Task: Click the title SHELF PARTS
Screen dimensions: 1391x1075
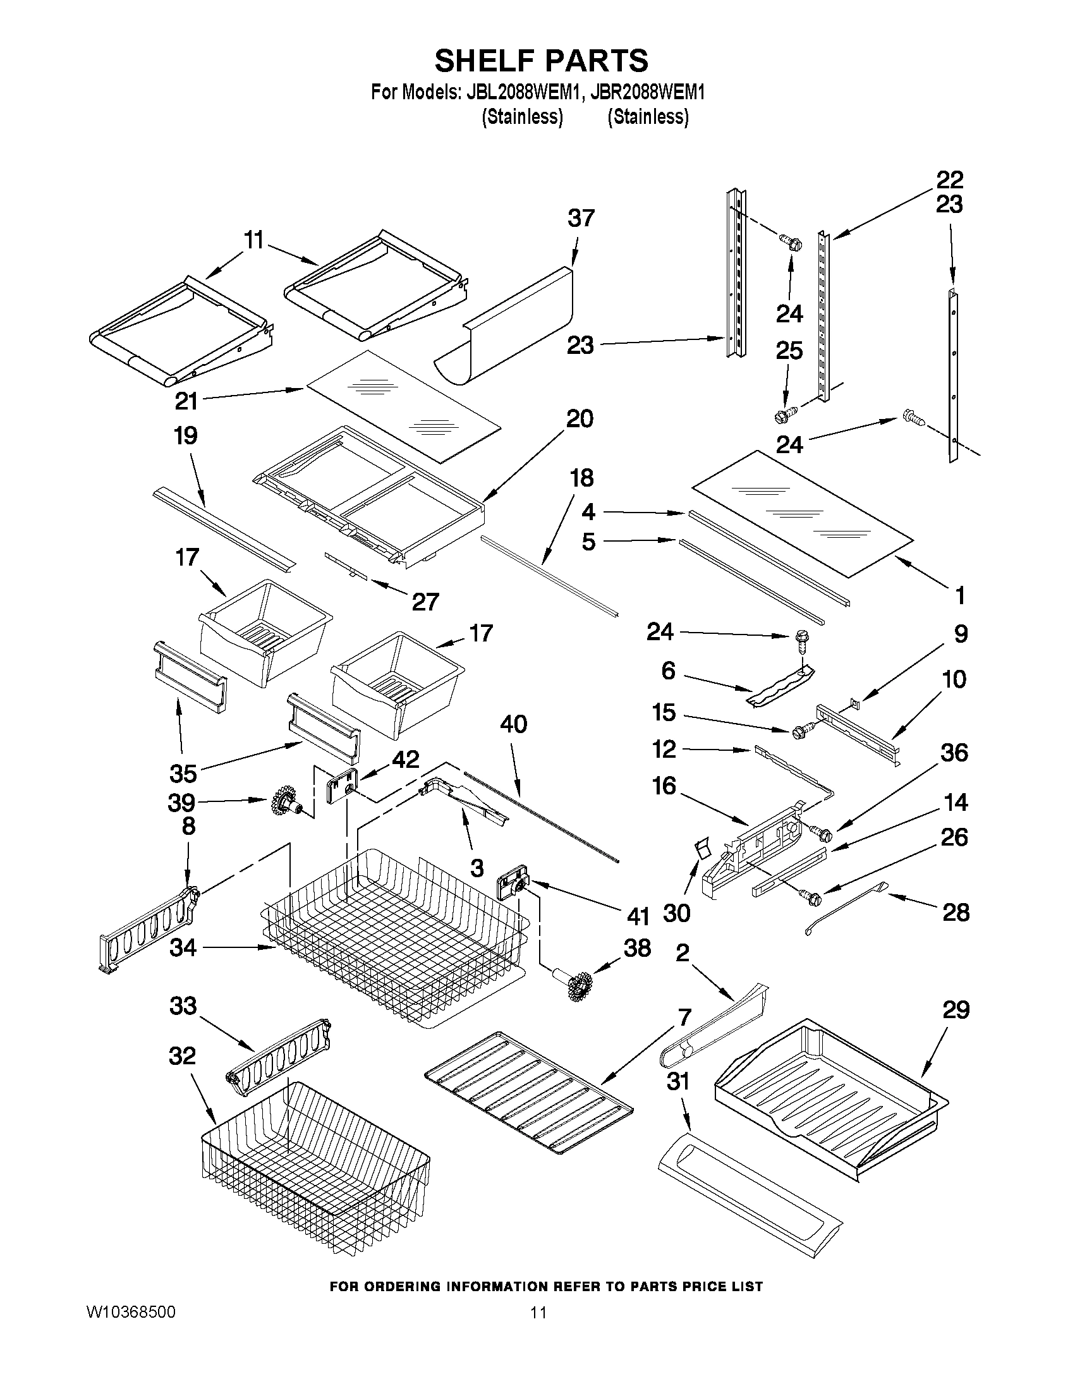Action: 542,61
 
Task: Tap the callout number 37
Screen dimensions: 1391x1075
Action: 581,219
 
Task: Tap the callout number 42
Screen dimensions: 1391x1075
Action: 405,759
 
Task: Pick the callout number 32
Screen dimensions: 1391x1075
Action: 183,1056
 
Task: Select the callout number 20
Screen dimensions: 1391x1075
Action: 579,419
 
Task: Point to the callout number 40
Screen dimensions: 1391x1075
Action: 514,724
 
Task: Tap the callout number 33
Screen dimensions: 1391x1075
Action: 183,1006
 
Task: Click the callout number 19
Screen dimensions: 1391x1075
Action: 185,436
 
